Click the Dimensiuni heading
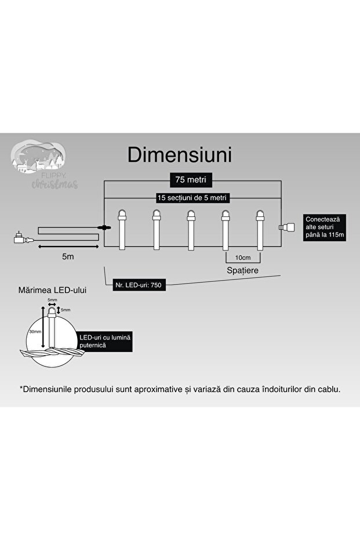[180, 155]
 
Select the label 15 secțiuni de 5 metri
[191, 198]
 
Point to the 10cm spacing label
[242, 257]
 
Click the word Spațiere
[242, 270]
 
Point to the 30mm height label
[35, 332]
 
